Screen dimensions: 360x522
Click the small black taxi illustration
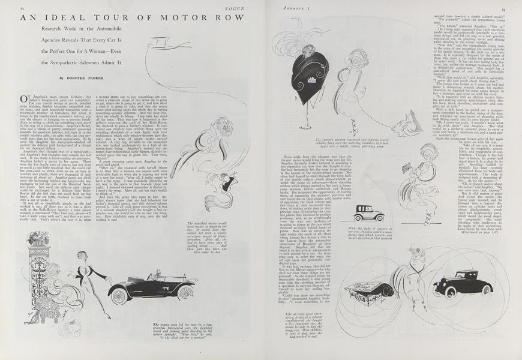[362, 213]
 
